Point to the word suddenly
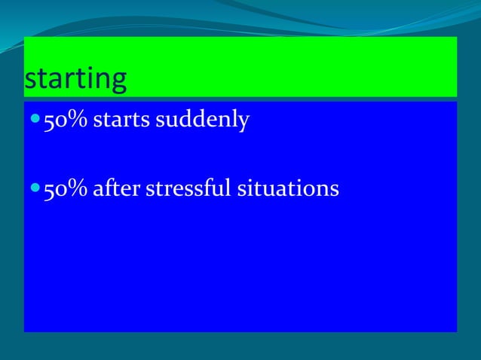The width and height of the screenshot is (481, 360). [x=202, y=121]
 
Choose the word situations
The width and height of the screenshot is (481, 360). [x=288, y=188]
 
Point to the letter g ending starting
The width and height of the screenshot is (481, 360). [x=118, y=82]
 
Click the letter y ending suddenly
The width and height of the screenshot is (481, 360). [x=243, y=122]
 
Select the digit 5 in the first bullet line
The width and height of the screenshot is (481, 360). [x=49, y=121]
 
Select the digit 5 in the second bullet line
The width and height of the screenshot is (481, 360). [x=49, y=189]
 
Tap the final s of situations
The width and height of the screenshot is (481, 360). [x=334, y=190]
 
